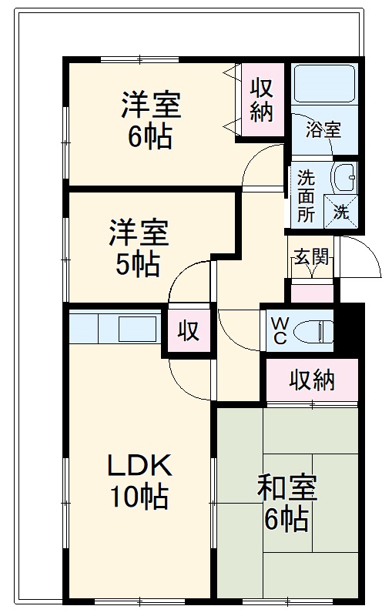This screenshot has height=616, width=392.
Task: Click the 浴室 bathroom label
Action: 323,129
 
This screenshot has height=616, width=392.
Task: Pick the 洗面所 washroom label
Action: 306,196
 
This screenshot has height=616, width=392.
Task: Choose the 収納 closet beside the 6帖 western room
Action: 260,100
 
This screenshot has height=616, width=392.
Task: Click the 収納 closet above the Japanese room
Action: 312,380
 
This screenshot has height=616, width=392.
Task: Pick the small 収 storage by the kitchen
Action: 188,331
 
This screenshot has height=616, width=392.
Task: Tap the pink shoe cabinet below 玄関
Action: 311,293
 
